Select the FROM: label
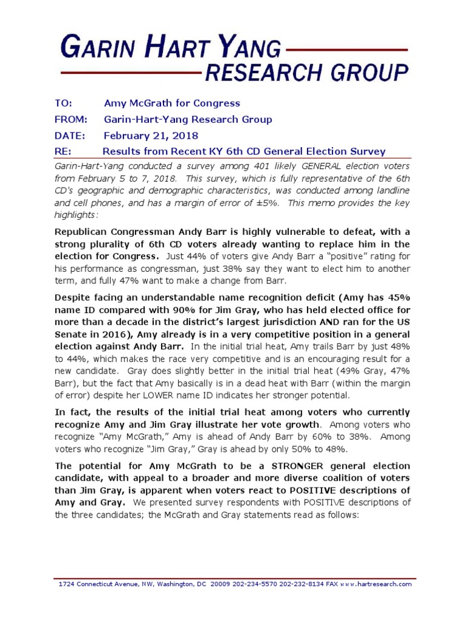click(x=71, y=119)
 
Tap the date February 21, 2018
click(x=151, y=135)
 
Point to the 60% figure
click(x=346, y=437)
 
